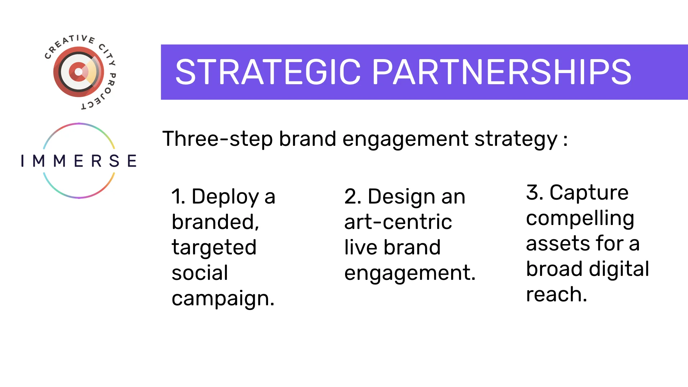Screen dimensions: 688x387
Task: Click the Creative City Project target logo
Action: [78, 72]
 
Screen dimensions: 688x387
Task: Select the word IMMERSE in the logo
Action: [79, 161]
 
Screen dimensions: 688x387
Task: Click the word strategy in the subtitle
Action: [516, 139]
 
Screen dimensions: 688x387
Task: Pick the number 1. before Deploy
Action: [178, 197]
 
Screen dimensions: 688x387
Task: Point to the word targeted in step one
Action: [214, 248]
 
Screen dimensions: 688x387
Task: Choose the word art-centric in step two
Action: [398, 222]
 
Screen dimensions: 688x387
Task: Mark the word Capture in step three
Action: [589, 193]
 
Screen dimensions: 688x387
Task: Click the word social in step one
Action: [200, 273]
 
